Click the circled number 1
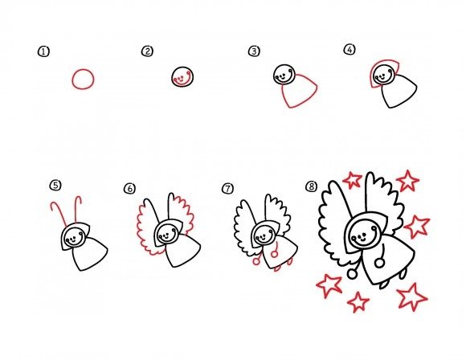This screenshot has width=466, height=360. click(x=43, y=51)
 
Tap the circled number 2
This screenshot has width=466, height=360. click(x=147, y=51)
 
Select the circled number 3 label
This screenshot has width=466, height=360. click(x=254, y=51)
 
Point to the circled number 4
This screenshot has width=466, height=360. click(x=349, y=49)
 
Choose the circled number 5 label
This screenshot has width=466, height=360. click(x=55, y=186)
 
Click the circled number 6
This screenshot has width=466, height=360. click(x=129, y=189)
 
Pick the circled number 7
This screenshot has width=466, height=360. click(x=227, y=189)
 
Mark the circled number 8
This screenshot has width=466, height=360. click(x=311, y=186)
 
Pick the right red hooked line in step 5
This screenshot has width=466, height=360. click(x=77, y=208)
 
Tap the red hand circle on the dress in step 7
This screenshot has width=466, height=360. click(x=274, y=254)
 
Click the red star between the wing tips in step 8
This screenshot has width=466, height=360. click(x=352, y=179)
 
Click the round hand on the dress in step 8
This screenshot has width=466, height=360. click(x=379, y=263)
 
